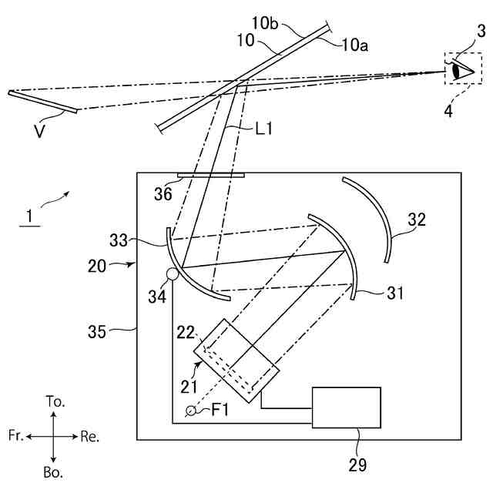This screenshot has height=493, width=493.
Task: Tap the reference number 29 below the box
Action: (x=357, y=464)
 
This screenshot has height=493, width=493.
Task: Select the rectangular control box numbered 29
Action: (x=346, y=407)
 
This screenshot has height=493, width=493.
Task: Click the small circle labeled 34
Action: (x=172, y=273)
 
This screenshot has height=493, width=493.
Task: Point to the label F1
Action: (x=222, y=411)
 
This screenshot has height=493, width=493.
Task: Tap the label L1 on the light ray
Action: (x=263, y=129)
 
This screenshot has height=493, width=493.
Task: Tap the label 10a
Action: (x=354, y=45)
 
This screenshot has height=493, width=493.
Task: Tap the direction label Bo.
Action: (x=53, y=471)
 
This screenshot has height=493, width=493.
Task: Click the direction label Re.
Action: (x=90, y=436)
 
